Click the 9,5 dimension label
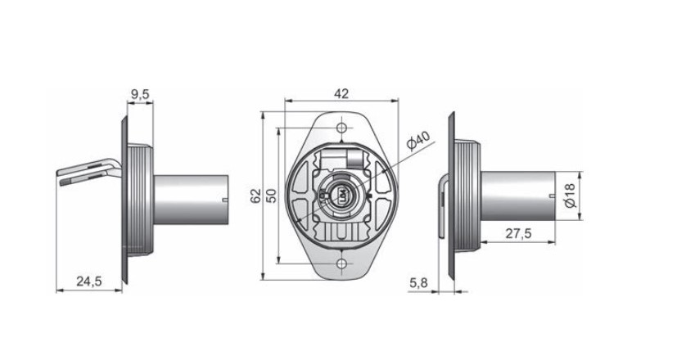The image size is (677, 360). [140, 95]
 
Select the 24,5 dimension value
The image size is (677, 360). [89, 281]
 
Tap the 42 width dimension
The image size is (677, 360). [341, 93]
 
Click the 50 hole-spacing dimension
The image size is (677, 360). [271, 196]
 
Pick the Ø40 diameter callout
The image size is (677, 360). [418, 141]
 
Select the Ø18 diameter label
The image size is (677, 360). [570, 196]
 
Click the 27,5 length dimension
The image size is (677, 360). [518, 233]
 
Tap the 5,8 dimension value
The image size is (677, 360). [418, 283]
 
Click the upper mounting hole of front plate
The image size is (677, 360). [342, 128]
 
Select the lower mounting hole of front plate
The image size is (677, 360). [342, 263]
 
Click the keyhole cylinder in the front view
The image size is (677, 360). [341, 194]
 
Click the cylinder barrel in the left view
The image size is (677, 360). [191, 200]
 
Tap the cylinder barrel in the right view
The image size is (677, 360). [518, 196]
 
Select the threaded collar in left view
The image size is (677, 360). [140, 200]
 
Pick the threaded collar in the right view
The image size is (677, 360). [467, 196]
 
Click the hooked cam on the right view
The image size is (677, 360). [444, 206]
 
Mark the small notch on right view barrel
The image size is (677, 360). [552, 196]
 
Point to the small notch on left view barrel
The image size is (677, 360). [224, 200]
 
